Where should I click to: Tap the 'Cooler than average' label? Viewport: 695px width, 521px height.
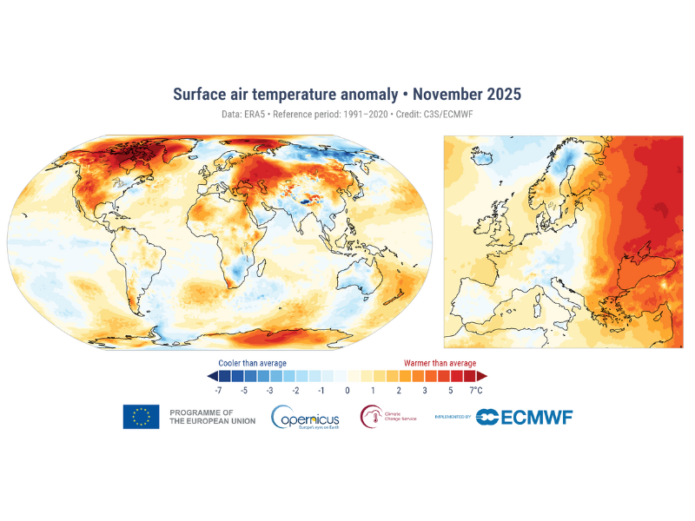[252, 363]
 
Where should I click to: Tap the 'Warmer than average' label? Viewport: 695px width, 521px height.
[440, 363]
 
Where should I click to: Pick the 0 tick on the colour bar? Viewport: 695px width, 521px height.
[347, 392]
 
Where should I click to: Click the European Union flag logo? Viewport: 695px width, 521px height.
[141, 417]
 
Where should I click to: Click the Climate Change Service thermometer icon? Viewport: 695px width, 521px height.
[371, 418]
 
